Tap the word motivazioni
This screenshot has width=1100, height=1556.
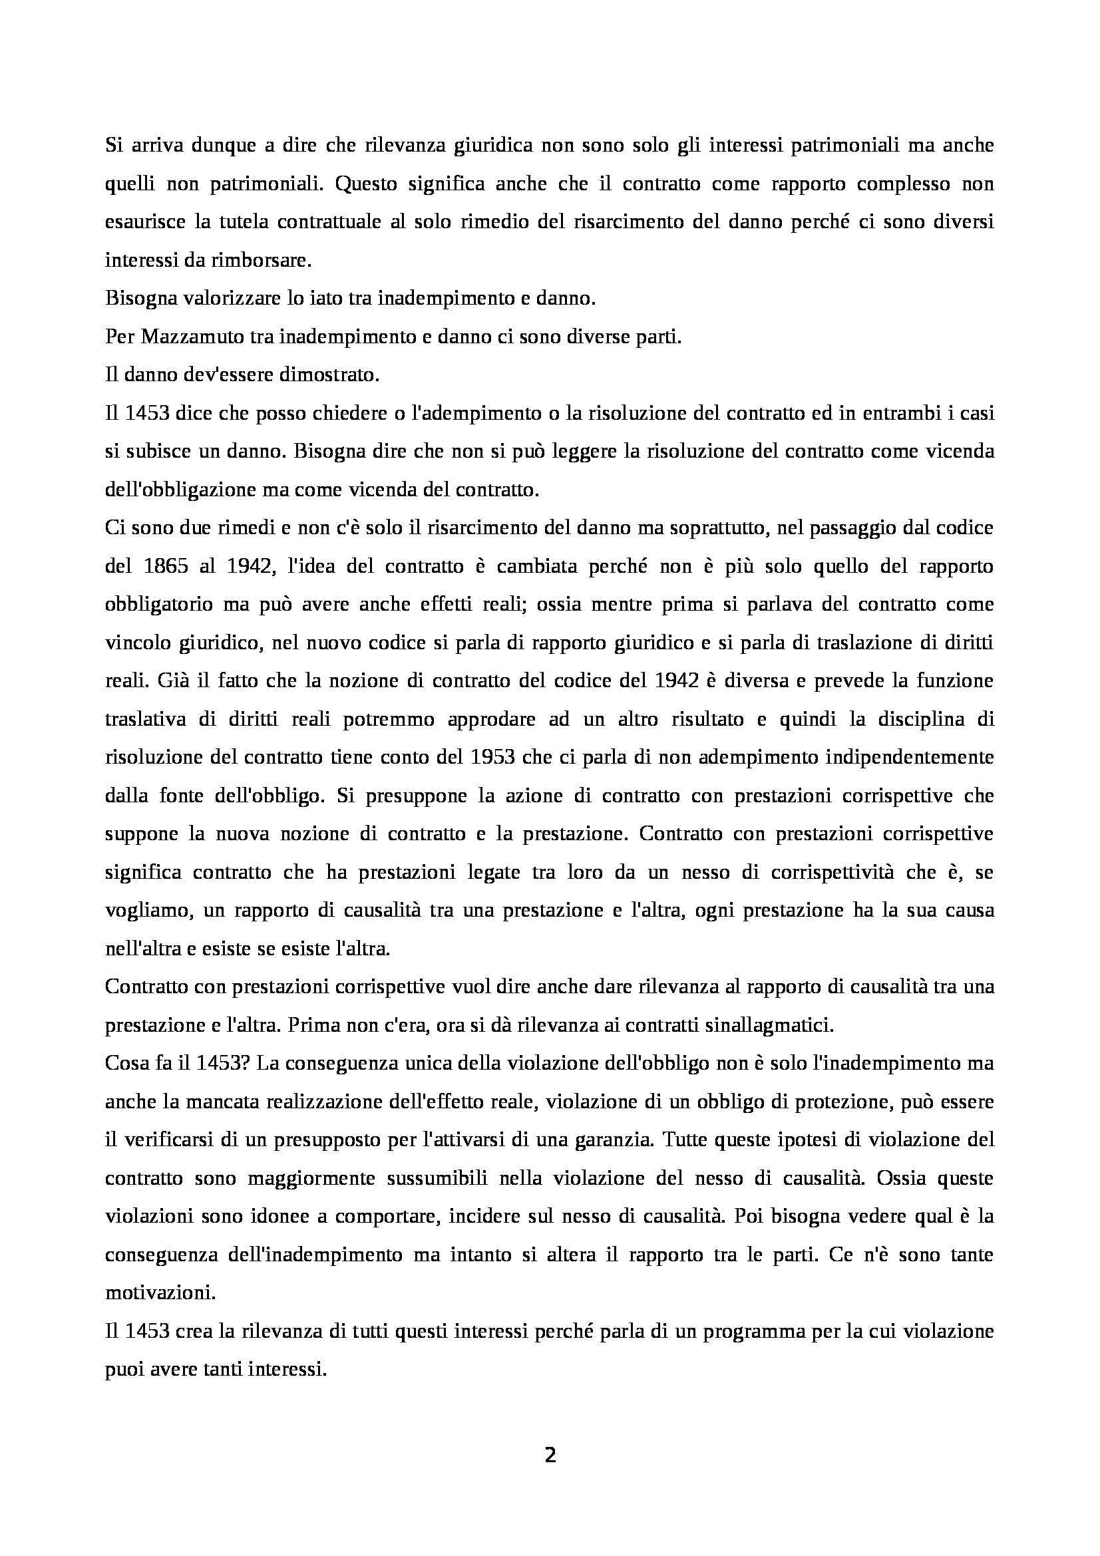tap(160, 1293)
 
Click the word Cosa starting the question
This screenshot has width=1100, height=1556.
tap(125, 1062)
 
